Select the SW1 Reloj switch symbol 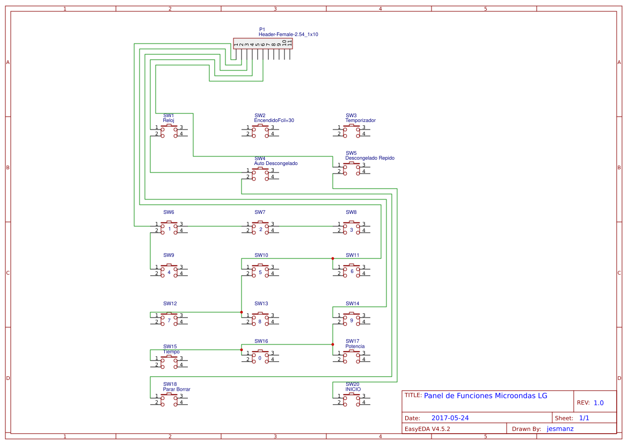click(x=169, y=131)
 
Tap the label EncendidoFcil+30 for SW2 click(x=274, y=120)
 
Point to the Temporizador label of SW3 click(x=360, y=120)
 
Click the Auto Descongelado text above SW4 click(x=275, y=163)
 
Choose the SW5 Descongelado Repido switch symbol click(x=352, y=168)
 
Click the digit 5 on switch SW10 click(x=260, y=272)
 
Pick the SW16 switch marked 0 click(x=260, y=356)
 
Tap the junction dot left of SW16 click(x=242, y=350)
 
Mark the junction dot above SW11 click(x=333, y=259)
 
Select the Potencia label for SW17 click(x=355, y=346)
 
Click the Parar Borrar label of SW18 click(x=177, y=389)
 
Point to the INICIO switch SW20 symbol click(x=352, y=399)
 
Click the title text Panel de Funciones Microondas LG click(x=485, y=396)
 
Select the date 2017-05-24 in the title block click(x=450, y=418)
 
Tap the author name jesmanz click(x=560, y=429)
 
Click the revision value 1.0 click(x=598, y=403)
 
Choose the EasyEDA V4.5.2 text click(x=427, y=429)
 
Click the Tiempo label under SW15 click(x=171, y=351)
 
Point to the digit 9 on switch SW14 click(x=352, y=321)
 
